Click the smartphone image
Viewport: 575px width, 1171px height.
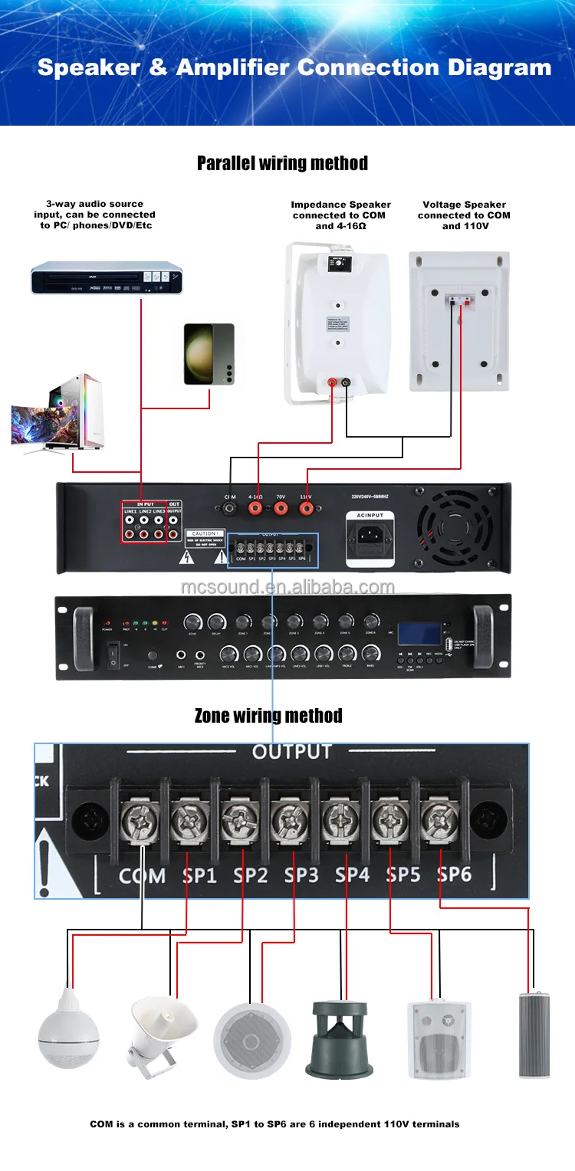[209, 353]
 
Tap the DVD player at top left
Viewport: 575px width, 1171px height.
[108, 278]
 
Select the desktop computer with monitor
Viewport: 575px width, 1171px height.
[58, 413]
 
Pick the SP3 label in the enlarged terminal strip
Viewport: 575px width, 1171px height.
[301, 874]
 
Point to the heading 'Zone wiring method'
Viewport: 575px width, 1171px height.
[268, 716]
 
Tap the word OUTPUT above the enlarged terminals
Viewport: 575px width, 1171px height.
[291, 752]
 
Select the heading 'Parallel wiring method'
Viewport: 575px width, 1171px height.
[282, 163]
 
